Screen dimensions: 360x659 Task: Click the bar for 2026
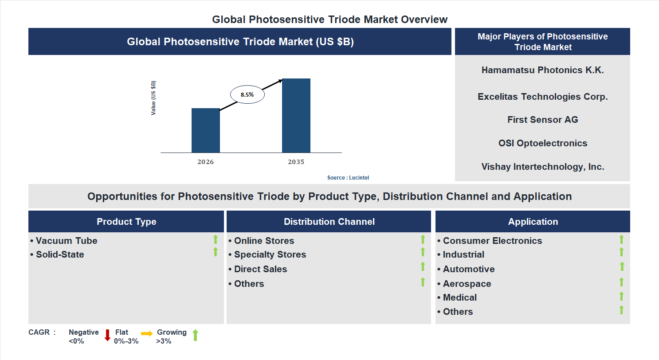205,130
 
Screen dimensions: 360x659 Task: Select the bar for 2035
296,116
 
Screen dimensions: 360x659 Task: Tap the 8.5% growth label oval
247,94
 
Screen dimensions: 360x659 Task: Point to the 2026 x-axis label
205,162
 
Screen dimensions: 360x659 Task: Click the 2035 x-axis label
296,162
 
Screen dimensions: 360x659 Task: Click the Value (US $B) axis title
153,98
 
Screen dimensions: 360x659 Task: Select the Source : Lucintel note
348,178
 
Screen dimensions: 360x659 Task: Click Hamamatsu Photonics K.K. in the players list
542,70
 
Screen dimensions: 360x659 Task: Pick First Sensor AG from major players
542,120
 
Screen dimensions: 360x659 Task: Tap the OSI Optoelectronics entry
542,143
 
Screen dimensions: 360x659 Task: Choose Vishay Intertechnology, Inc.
542,167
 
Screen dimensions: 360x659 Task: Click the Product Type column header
126,222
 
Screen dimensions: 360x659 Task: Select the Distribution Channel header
329,222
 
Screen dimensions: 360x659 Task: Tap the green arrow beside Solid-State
216,252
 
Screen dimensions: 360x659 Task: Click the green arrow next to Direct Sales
423,267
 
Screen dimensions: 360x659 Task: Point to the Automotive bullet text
469,269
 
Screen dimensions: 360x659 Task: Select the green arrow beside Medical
621,296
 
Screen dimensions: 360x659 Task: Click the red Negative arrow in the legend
107,335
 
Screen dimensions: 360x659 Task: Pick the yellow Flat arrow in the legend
147,333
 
